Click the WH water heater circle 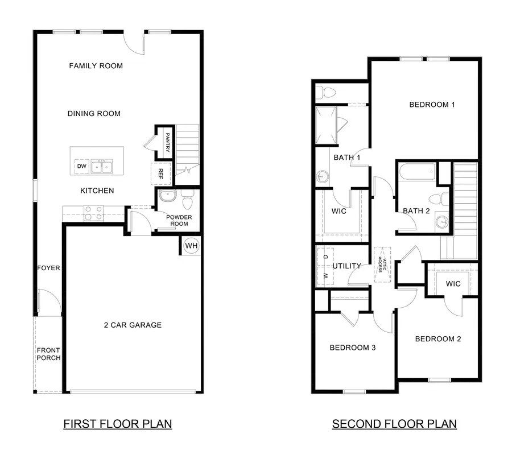click(x=191, y=246)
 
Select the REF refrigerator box click(x=161, y=173)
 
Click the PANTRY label click(x=168, y=141)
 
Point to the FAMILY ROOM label click(x=96, y=66)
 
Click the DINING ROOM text click(x=94, y=114)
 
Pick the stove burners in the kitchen click(x=93, y=213)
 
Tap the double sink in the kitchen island click(x=104, y=166)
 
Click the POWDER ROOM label click(x=179, y=221)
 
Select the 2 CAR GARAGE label click(x=133, y=325)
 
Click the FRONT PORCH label click(x=48, y=354)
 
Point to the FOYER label click(x=48, y=268)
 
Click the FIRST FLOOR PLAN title click(x=117, y=424)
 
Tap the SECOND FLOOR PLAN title click(x=394, y=424)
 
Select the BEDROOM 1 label click(x=432, y=105)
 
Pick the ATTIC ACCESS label click(x=382, y=264)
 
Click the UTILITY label click(x=347, y=266)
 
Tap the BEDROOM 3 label click(x=353, y=348)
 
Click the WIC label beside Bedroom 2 click(x=453, y=284)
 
